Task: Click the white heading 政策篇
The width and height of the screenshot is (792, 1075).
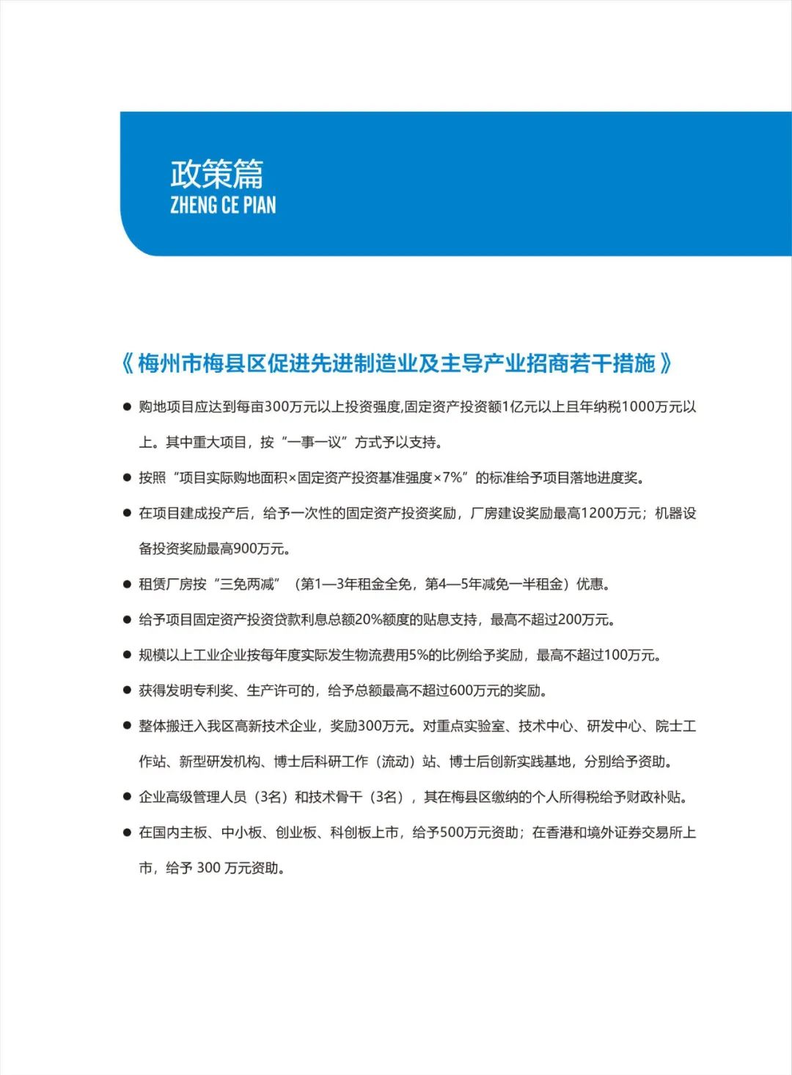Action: tap(216, 174)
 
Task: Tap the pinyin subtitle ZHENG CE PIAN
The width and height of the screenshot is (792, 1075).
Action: tap(223, 205)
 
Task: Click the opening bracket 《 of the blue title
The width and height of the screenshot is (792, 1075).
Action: tap(128, 363)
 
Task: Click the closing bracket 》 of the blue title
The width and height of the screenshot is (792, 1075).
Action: tap(666, 363)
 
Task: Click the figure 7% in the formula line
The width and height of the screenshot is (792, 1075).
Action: tap(452, 478)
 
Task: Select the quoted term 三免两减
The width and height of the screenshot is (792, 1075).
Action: tap(247, 584)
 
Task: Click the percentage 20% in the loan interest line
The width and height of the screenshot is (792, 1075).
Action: tap(367, 620)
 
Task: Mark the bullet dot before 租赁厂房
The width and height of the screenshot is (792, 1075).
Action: tap(127, 585)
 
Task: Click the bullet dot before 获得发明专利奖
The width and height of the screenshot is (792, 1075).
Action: tap(127, 691)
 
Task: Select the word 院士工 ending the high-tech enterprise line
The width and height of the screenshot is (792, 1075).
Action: tap(675, 726)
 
